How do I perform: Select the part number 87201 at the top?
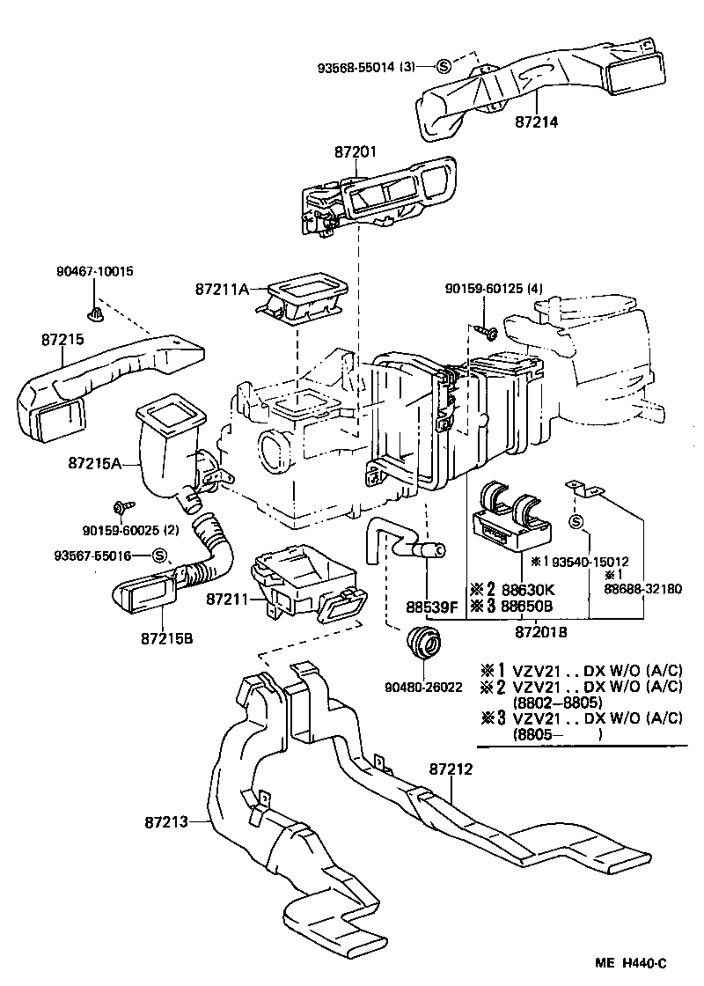[x=356, y=152]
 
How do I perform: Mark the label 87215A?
[x=93, y=460]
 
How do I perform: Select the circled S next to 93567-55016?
[x=159, y=556]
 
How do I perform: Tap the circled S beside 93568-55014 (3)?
[x=444, y=66]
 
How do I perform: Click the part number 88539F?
[x=433, y=607]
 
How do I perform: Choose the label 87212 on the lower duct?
[x=452, y=769]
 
